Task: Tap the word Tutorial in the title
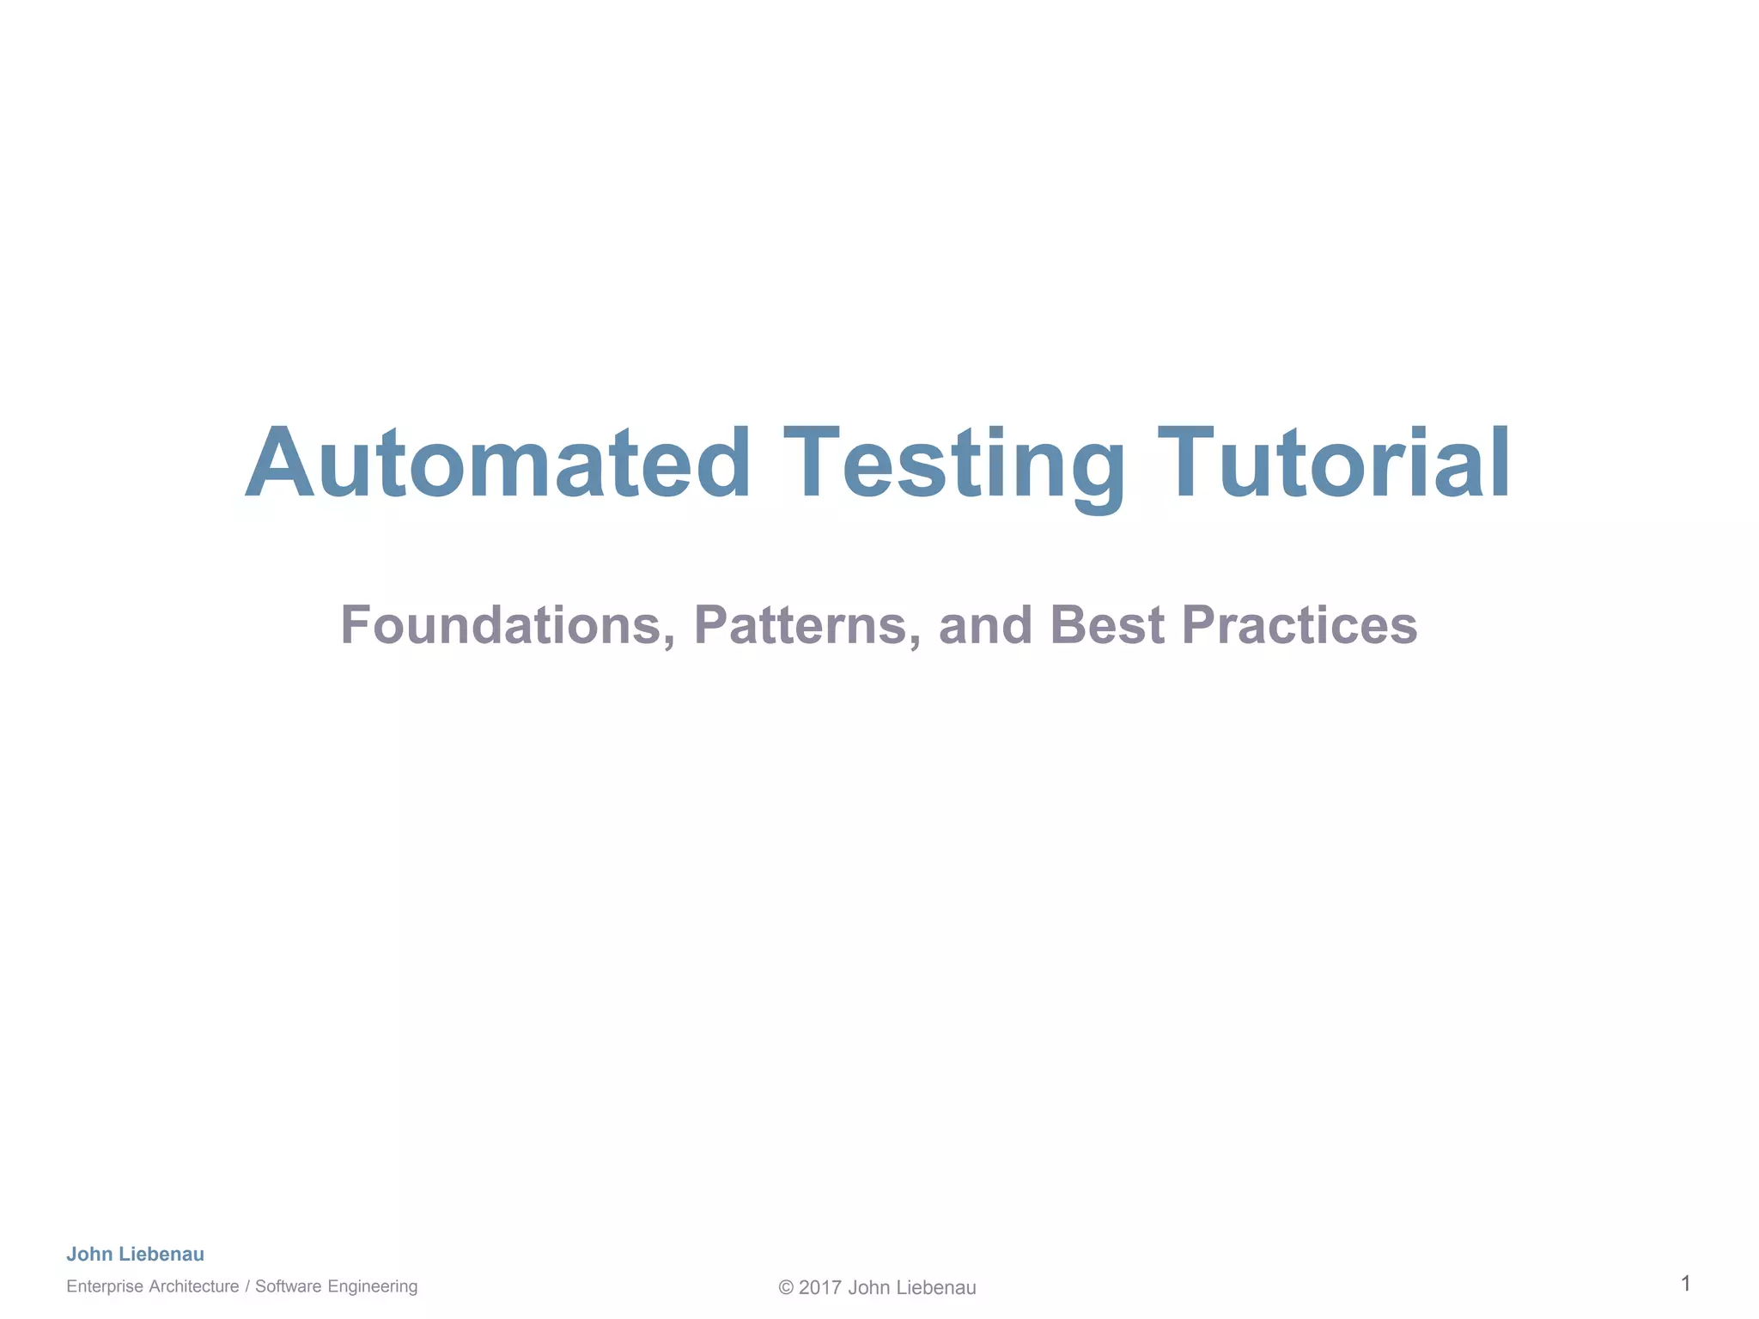pyautogui.click(x=1334, y=464)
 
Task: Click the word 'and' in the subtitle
pyautogui.click(x=985, y=625)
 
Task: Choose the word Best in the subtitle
pyautogui.click(x=1107, y=625)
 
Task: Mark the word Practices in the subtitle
pyautogui.click(x=1299, y=625)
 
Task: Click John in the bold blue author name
pyautogui.click(x=89, y=1254)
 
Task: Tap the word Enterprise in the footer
pyautogui.click(x=105, y=1286)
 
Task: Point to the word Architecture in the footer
pyautogui.click(x=194, y=1286)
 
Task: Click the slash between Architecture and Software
pyautogui.click(x=247, y=1286)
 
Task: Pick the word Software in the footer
pyautogui.click(x=288, y=1286)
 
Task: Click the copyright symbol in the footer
pyautogui.click(x=786, y=1288)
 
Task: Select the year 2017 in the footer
pyautogui.click(x=820, y=1288)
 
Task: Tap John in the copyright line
pyautogui.click(x=867, y=1288)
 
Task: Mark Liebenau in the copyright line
pyautogui.click(x=934, y=1288)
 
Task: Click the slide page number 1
pyautogui.click(x=1685, y=1284)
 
